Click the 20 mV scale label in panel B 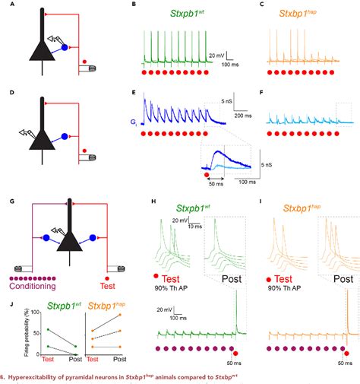pyautogui.click(x=216, y=56)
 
